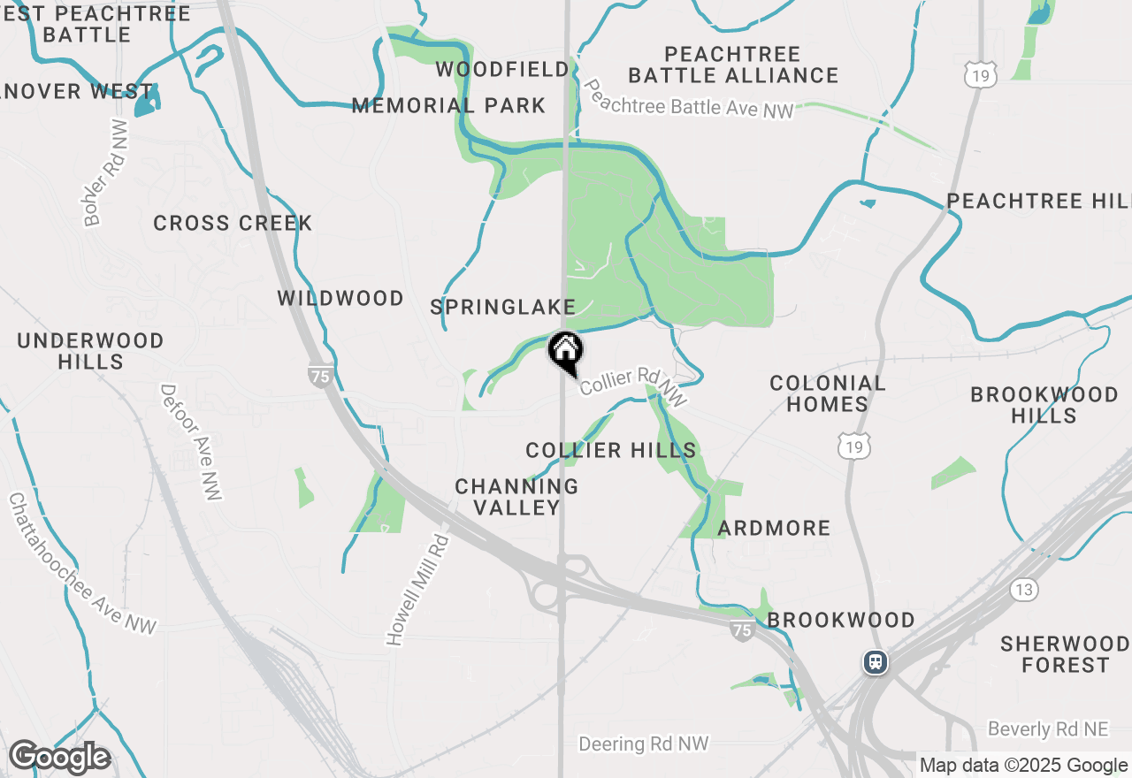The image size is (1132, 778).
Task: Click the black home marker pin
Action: pos(565,351)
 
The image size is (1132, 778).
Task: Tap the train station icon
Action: pos(876,661)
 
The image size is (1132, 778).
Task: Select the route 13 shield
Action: pos(1025,589)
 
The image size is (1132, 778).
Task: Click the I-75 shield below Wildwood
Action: pos(321,376)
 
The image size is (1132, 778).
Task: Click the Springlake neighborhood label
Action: pos(502,307)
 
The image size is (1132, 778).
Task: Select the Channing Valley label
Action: pos(516,497)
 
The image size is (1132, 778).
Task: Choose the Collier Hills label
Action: pos(611,450)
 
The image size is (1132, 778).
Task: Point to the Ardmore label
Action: pos(774,528)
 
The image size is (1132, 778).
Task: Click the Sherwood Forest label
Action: pos(1065,654)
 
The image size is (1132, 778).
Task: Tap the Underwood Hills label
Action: pos(90,351)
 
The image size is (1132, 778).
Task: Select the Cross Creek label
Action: pos(233,223)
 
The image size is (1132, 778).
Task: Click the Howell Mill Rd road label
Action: pos(417,588)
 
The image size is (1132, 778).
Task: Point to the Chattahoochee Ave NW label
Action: pos(81,564)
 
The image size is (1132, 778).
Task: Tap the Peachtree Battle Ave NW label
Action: pos(689,101)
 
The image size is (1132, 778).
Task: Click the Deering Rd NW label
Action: pos(644,744)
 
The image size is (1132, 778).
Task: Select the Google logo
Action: pos(59,758)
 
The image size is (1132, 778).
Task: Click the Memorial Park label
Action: pos(448,105)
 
